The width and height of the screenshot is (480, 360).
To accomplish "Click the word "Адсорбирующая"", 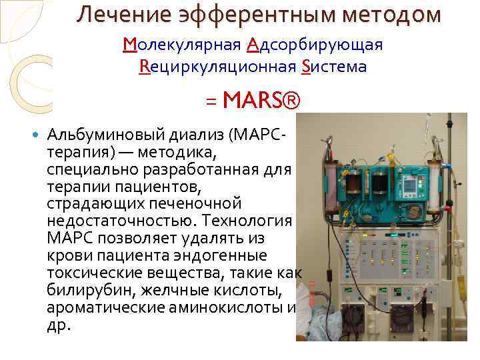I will (x=315, y=45).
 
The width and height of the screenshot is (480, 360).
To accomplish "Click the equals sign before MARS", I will (x=211, y=102).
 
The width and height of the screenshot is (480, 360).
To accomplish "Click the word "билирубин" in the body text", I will (x=83, y=290).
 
